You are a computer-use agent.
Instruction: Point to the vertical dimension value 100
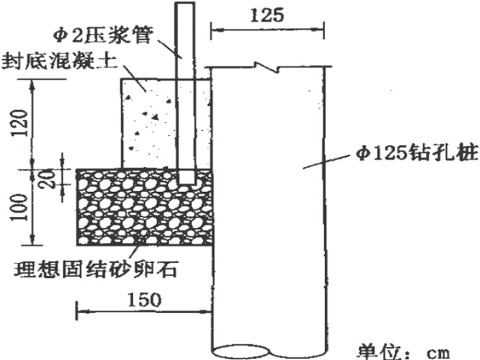20,206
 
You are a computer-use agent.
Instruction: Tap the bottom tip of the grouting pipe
186,182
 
